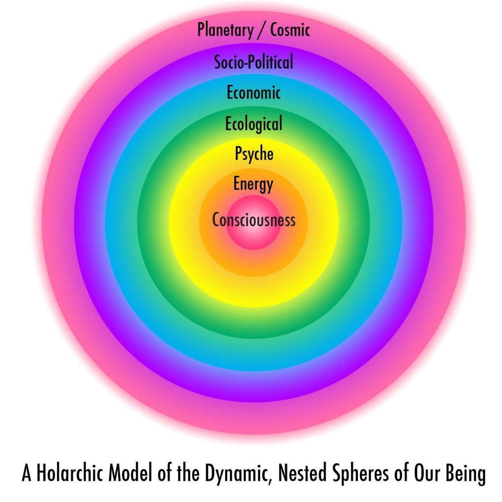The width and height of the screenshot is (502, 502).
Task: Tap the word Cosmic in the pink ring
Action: point(290,29)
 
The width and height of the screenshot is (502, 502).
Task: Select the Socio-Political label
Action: point(253,62)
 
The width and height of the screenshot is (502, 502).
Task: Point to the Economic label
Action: point(253,93)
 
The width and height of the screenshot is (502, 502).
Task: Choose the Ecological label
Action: point(253,124)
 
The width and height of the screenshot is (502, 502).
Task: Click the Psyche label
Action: point(254,153)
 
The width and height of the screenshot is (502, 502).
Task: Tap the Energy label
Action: point(253,184)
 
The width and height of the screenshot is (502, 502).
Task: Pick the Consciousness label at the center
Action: point(253,220)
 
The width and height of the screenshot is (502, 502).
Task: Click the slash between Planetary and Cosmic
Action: point(262,30)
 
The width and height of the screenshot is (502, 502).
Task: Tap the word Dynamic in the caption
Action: point(236,474)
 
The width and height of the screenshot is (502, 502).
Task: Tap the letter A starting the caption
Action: point(26,473)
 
